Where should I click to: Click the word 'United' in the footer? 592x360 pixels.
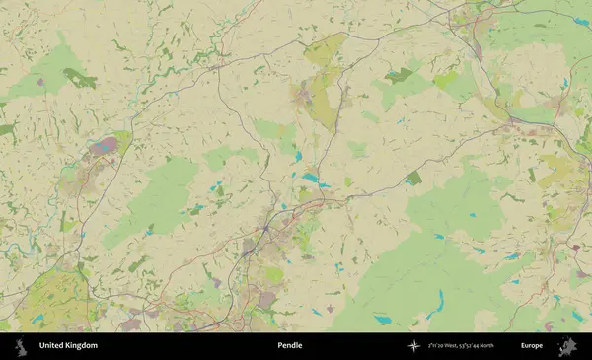[53, 346]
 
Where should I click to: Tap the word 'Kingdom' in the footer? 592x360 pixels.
[82, 346]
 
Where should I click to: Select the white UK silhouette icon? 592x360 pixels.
[19, 346]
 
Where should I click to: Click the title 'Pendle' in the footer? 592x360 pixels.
[290, 346]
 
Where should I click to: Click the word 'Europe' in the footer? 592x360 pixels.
[532, 346]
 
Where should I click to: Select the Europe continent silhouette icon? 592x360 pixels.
[567, 346]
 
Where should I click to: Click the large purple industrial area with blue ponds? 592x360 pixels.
[104, 149]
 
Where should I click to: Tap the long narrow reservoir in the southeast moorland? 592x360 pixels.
[440, 300]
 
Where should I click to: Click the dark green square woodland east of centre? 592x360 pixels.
[413, 179]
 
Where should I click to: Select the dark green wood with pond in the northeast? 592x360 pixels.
[399, 75]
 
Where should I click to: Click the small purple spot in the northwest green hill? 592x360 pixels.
[39, 82]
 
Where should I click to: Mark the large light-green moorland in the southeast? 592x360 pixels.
[434, 266]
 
